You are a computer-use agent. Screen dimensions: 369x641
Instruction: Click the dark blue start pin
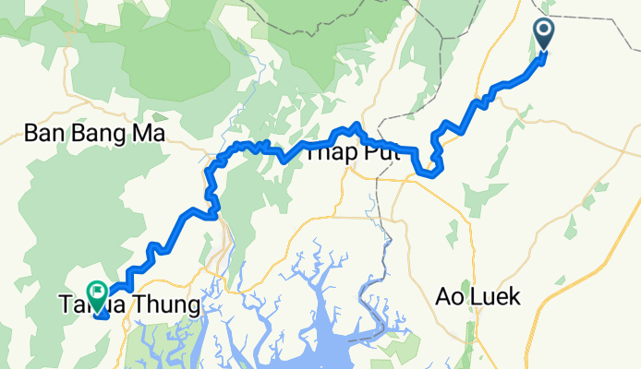point(543,35)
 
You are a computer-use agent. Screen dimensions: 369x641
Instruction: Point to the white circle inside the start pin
point(543,32)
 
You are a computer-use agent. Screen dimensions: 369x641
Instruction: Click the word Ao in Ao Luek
point(450,298)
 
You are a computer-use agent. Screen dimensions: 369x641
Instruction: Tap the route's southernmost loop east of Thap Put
point(428,171)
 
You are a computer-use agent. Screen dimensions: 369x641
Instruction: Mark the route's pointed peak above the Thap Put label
point(356,125)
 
